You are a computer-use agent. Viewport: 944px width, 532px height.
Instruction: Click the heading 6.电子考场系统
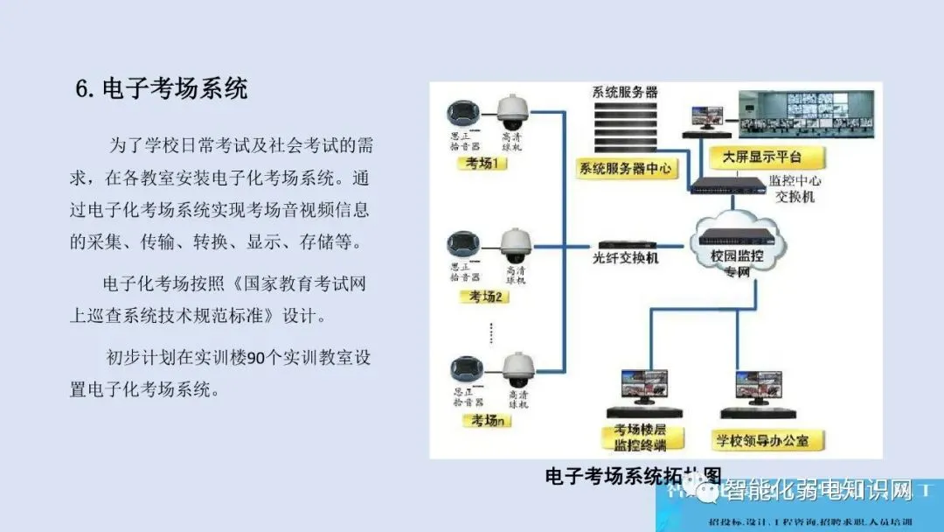point(162,89)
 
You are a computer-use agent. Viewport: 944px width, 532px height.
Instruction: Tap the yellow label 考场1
point(482,164)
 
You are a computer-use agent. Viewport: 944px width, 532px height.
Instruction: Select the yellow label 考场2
point(486,297)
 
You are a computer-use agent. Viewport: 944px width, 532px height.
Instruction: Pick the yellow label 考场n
point(486,421)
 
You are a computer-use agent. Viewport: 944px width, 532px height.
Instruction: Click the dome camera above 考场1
point(514,110)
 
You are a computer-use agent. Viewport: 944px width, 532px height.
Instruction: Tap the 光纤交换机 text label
point(626,260)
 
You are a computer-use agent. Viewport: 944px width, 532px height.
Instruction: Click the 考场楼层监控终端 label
point(641,437)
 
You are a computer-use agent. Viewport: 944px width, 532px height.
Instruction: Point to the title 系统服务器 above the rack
point(625,92)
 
